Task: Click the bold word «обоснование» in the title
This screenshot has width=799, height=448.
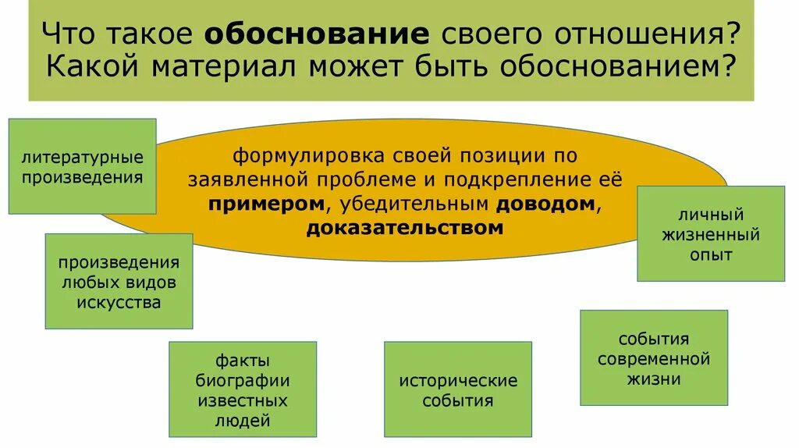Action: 317,34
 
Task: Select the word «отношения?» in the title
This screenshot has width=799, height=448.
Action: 653,34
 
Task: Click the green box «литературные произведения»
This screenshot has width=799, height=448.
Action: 82,166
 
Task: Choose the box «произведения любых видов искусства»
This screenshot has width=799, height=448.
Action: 119,281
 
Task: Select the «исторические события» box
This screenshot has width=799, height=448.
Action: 458,390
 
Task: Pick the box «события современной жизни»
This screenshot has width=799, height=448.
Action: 654,358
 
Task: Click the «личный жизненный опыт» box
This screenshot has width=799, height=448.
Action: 711,233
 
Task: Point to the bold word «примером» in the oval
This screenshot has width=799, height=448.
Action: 266,203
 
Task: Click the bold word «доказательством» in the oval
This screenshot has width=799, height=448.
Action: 404,228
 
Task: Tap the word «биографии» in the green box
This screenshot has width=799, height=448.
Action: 243,381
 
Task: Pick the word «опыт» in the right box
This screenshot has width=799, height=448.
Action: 711,254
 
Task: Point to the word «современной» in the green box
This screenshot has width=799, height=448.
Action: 654,359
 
